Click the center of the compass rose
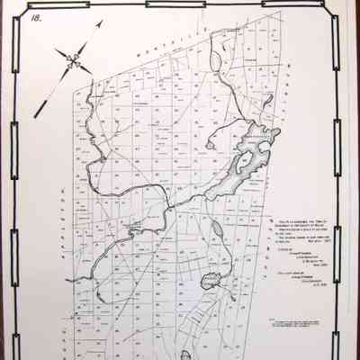(x=74, y=61)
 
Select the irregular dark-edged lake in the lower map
(x=213, y=280)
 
